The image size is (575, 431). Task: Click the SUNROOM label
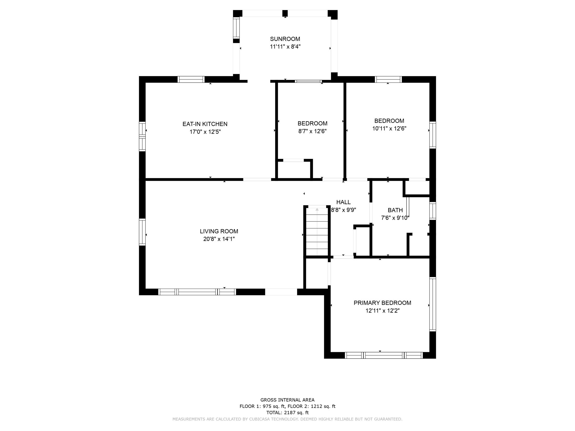click(x=285, y=39)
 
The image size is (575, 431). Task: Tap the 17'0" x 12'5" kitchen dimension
click(x=205, y=132)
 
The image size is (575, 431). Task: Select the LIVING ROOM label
click(x=219, y=231)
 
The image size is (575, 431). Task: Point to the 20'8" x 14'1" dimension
click(x=219, y=239)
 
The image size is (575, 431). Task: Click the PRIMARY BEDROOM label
click(x=382, y=303)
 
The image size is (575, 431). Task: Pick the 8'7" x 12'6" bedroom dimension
click(x=312, y=131)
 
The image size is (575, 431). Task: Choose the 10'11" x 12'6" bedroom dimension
click(x=389, y=129)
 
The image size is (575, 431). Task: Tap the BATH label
click(x=395, y=210)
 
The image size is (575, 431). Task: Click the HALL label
click(x=343, y=202)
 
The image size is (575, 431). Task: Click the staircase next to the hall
click(x=317, y=233)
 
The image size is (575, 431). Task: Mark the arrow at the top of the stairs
click(x=317, y=209)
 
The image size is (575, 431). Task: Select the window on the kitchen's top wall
click(x=191, y=79)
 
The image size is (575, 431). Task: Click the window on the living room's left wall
click(x=142, y=232)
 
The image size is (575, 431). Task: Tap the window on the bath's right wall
click(x=433, y=211)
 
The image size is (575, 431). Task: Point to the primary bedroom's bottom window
click(x=384, y=355)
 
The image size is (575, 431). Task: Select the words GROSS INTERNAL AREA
click(x=287, y=400)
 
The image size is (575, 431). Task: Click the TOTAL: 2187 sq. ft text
click(x=287, y=412)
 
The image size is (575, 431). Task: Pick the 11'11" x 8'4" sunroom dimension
click(x=285, y=47)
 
